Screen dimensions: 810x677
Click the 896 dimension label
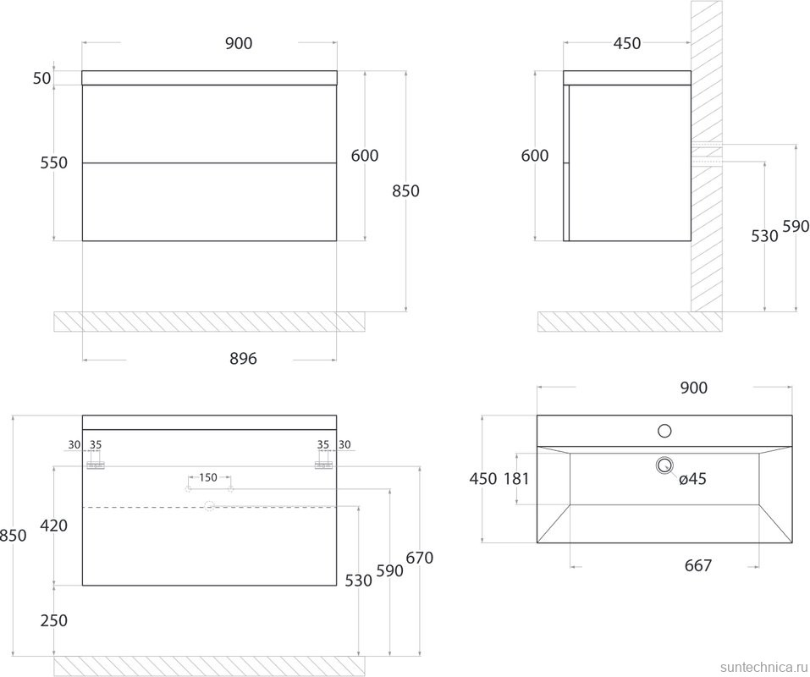(243, 358)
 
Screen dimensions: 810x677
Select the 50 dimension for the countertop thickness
(42, 79)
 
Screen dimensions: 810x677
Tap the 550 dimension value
(53, 162)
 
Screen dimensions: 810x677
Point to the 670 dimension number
(420, 558)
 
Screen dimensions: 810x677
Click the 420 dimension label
(53, 526)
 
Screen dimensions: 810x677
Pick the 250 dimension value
(53, 619)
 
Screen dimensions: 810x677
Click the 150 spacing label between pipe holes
(207, 477)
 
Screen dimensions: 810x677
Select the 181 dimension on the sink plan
(516, 479)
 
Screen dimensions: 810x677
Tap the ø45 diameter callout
(692, 479)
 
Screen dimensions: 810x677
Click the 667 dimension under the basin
(698, 565)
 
